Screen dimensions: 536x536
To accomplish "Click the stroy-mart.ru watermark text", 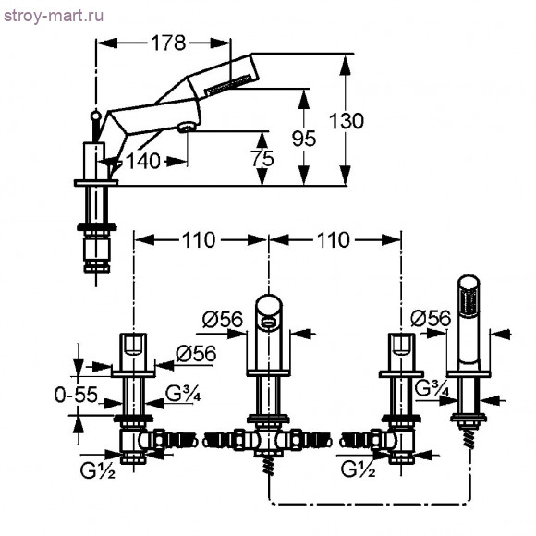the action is [x=54, y=17].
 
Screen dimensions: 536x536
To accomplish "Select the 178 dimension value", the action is [x=168, y=43].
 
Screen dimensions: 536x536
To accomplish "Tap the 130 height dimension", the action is [x=347, y=121].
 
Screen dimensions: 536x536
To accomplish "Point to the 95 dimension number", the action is [x=304, y=139].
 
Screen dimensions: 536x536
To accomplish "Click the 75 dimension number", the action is [x=262, y=159].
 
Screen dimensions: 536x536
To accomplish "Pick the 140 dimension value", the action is [x=143, y=161].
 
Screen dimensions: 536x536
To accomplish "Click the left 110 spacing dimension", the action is [x=199, y=240].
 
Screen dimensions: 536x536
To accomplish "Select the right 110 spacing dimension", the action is [x=334, y=240].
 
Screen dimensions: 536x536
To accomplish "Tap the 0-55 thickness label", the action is [x=76, y=395].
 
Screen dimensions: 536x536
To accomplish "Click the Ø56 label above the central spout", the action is [x=222, y=320].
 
